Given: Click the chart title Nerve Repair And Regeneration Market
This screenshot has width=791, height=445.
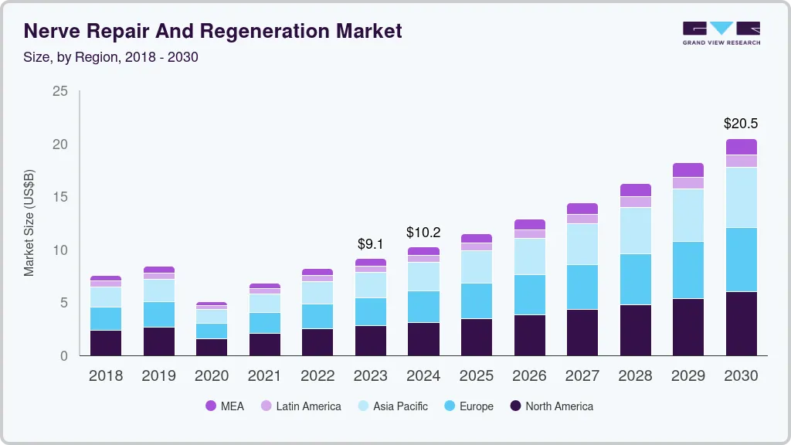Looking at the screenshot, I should click(212, 32).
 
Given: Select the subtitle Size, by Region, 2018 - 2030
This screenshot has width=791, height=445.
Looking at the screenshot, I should click(111, 57).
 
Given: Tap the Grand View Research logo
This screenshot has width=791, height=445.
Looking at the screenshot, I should click(721, 32).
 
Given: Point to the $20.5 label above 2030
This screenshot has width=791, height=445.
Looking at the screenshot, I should click(741, 123).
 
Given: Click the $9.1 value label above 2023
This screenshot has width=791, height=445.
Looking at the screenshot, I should click(370, 243).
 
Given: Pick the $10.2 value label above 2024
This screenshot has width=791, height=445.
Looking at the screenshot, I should click(423, 232).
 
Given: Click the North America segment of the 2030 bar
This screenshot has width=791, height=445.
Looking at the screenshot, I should click(741, 323).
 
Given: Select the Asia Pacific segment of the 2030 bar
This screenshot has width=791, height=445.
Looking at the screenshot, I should click(741, 197).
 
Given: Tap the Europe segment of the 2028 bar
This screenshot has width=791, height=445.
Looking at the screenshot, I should click(635, 279).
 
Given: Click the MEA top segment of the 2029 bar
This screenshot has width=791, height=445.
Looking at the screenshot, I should click(688, 170).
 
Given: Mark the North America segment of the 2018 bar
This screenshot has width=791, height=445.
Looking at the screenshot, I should click(106, 343).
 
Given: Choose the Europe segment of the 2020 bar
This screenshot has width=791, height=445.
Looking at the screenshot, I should click(212, 331).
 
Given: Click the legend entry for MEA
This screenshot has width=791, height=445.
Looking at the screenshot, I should click(224, 406).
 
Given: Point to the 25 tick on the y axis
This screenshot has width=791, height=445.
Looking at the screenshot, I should click(60, 91).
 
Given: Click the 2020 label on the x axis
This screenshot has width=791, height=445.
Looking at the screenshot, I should click(212, 376).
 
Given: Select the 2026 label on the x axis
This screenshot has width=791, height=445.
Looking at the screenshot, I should click(529, 376).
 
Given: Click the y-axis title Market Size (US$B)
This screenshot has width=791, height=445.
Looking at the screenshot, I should click(29, 223).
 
